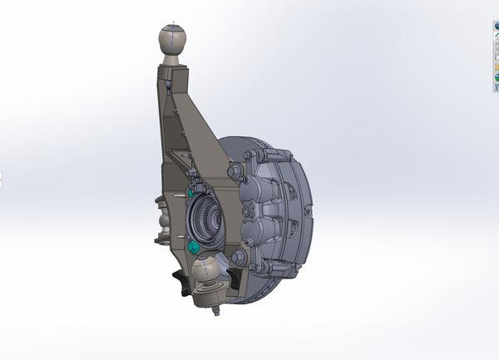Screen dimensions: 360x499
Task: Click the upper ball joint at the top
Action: [x=173, y=38]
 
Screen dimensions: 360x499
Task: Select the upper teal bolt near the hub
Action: [x=192, y=192]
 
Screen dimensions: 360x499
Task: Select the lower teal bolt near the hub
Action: [x=194, y=247]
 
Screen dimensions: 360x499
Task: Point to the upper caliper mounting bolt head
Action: [x=233, y=171]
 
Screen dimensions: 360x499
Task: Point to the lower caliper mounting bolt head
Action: [x=236, y=257]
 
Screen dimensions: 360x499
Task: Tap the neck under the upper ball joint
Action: [x=171, y=60]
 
